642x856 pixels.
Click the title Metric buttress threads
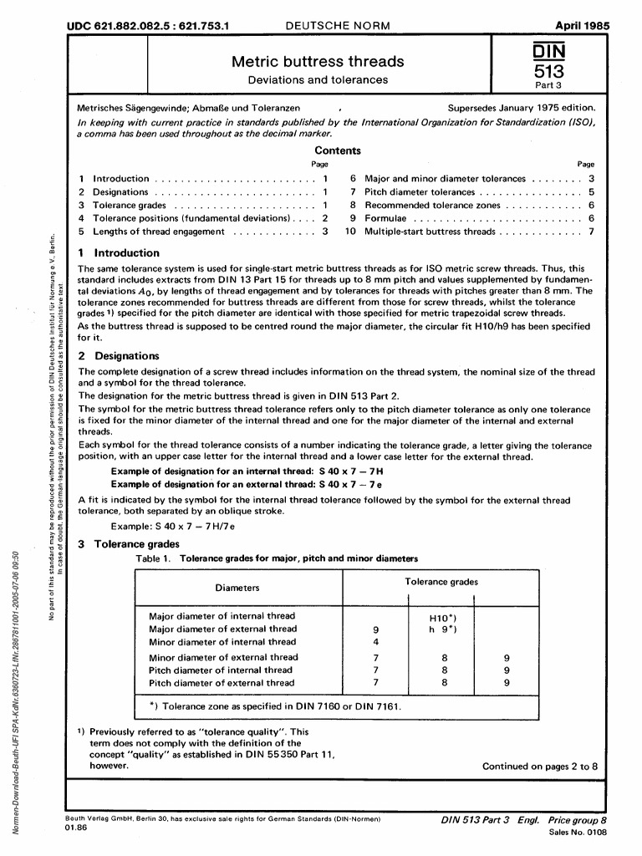click(x=318, y=61)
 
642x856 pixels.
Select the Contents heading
click(x=337, y=151)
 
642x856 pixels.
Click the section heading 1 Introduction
click(x=118, y=253)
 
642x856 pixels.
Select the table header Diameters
click(x=237, y=588)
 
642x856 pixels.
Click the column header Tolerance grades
click(x=441, y=581)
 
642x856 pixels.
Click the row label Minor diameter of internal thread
click(x=222, y=642)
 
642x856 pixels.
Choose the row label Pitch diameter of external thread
click(x=222, y=683)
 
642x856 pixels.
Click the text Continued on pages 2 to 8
click(x=540, y=766)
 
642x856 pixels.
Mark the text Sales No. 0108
click(x=578, y=833)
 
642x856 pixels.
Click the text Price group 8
click(x=578, y=821)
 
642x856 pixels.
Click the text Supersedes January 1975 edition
click(x=522, y=108)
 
